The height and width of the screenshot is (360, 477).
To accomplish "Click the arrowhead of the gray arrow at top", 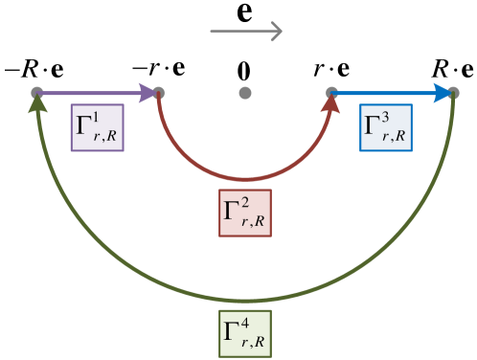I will (x=277, y=32).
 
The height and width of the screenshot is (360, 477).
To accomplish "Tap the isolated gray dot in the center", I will (x=245, y=93).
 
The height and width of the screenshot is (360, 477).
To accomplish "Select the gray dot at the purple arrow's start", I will (x=36, y=93).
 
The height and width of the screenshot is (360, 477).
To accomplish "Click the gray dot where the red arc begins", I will (x=159, y=93).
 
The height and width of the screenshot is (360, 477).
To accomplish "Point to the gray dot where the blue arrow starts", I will (x=331, y=93).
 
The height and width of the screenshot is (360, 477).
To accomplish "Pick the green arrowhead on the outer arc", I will (x=36, y=104).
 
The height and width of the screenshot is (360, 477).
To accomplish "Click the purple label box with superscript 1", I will (x=98, y=127).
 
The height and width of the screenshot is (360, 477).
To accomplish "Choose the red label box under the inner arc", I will (x=245, y=214).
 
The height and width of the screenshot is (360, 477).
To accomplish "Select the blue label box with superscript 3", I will (x=386, y=127).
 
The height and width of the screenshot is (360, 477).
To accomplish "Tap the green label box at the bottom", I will (x=245, y=333).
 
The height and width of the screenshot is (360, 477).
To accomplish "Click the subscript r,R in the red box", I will (x=254, y=223).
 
